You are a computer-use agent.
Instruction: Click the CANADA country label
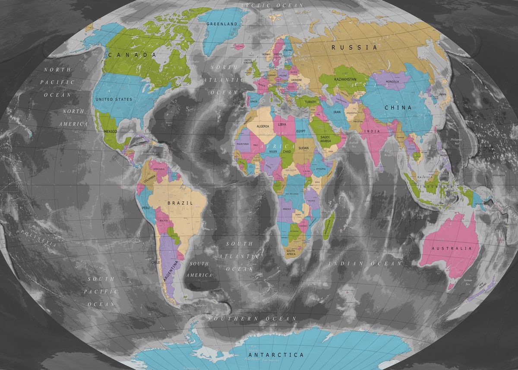point(132,55)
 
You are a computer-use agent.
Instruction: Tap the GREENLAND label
point(222,24)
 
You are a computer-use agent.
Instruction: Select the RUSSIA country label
point(354,47)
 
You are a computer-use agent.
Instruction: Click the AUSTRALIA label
point(452,249)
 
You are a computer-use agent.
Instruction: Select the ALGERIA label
point(263,126)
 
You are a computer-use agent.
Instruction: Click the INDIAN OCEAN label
point(365,263)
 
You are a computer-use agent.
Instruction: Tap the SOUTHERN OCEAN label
point(253,319)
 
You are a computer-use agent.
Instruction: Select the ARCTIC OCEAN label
point(272,5)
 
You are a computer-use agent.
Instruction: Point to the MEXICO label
point(111,131)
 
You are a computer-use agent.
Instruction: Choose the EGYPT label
point(301,130)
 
